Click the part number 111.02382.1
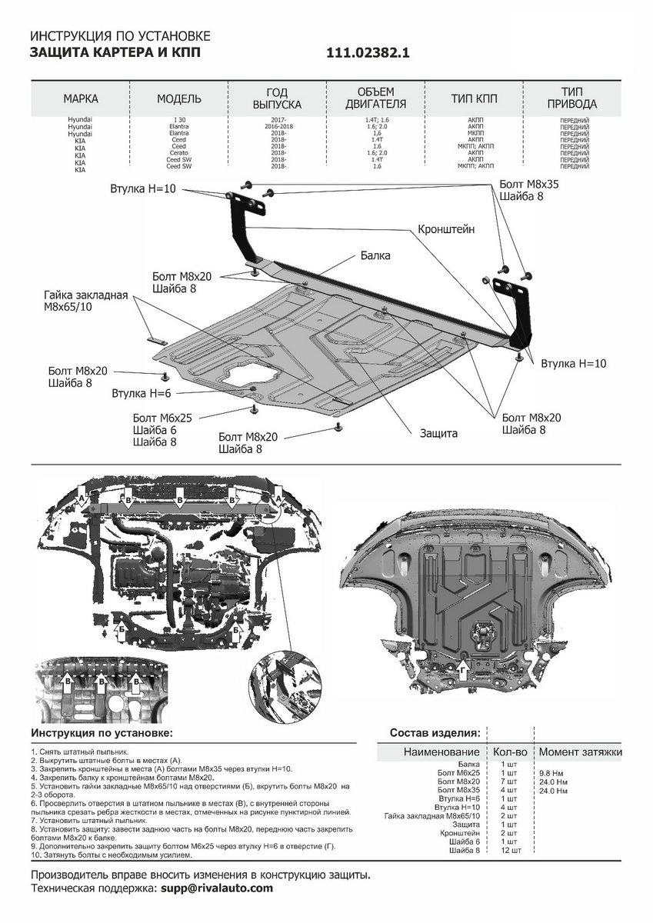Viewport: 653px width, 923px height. tap(368, 53)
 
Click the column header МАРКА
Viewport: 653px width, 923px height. tap(81, 99)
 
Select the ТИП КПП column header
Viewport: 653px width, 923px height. tap(474, 99)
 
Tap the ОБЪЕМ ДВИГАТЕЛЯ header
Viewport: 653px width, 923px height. tap(375, 98)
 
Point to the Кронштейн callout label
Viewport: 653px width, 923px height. tap(446, 229)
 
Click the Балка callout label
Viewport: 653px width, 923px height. tap(375, 255)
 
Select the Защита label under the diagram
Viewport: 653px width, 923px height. tap(438, 433)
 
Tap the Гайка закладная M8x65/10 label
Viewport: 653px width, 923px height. tap(85, 301)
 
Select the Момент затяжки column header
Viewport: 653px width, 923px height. tap(580, 751)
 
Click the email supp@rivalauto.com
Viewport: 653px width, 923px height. tap(217, 888)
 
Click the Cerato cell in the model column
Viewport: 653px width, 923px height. tap(178, 152)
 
